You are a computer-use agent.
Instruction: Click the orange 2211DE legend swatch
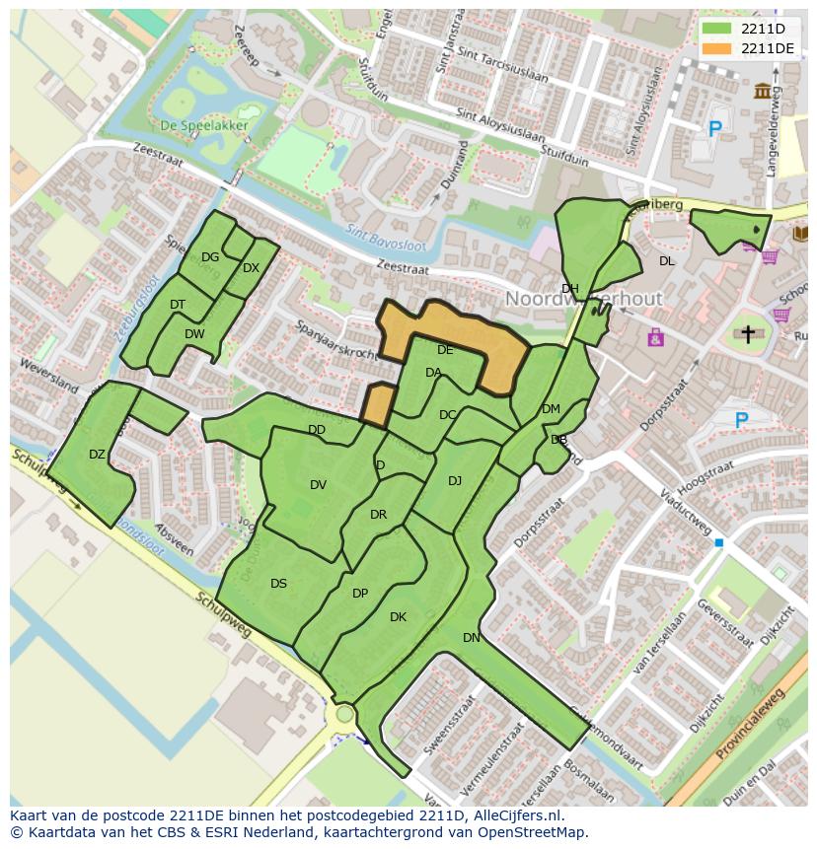tap(717, 48)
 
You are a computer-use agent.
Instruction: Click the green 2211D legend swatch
tap(717, 30)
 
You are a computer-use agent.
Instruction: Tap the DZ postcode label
tap(97, 455)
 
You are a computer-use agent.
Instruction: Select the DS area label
tap(278, 584)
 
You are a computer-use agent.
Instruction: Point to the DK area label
tap(398, 617)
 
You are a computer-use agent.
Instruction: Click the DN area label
tap(472, 638)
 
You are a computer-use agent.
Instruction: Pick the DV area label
tap(318, 484)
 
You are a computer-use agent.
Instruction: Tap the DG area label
tap(210, 257)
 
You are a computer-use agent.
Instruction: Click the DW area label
tap(194, 334)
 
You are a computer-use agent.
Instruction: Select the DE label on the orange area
tap(445, 350)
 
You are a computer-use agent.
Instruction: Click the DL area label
tap(667, 261)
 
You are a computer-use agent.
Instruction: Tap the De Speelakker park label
tap(196, 125)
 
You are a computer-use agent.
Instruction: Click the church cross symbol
tap(748, 334)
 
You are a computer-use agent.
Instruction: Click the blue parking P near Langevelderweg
tap(715, 128)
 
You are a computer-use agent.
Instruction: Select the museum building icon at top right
tap(763, 92)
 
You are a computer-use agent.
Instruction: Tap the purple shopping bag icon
tap(655, 338)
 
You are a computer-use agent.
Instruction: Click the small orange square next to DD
tap(376, 405)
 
